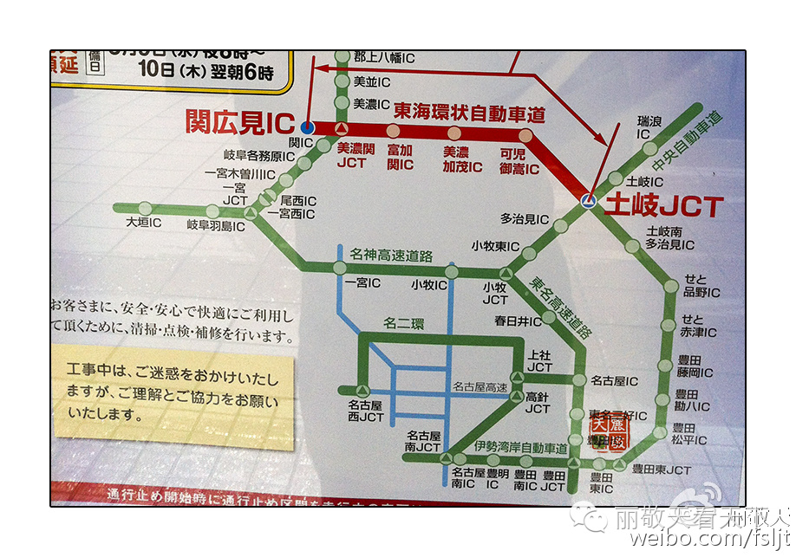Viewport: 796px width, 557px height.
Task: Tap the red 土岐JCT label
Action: (x=663, y=206)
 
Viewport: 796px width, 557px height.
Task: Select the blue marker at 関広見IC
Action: (x=307, y=127)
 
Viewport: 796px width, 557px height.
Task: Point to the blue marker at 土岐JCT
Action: (x=588, y=201)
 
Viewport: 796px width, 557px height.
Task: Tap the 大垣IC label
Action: (x=144, y=223)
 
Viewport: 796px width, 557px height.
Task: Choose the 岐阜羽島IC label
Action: (x=216, y=225)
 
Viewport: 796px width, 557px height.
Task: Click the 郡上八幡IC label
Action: (x=384, y=58)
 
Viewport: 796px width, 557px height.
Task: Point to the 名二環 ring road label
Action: (x=401, y=325)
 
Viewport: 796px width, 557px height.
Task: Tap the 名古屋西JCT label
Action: (x=365, y=411)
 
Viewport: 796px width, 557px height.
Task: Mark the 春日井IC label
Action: (x=518, y=321)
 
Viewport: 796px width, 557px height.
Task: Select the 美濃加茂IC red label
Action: (x=462, y=159)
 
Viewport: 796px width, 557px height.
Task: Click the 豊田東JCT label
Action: (x=661, y=470)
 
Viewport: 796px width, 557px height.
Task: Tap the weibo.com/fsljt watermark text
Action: (x=709, y=539)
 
